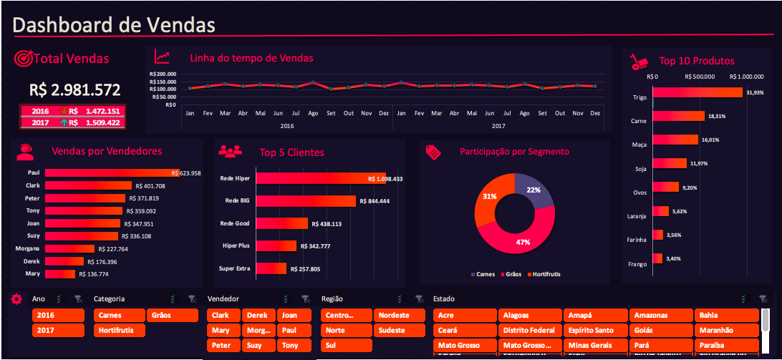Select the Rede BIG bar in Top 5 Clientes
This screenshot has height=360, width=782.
click(x=306, y=201)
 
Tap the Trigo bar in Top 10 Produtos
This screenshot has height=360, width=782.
click(x=698, y=92)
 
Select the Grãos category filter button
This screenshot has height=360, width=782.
click(x=173, y=315)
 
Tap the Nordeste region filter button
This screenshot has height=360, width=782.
click(x=393, y=315)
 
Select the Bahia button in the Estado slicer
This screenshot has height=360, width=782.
click(x=726, y=315)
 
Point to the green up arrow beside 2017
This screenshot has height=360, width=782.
click(x=64, y=122)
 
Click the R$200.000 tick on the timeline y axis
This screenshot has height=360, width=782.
click(x=163, y=74)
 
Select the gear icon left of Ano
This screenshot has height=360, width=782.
click(x=16, y=299)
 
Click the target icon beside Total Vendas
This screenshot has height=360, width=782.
click(x=23, y=58)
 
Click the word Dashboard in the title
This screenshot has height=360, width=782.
click(x=64, y=25)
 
